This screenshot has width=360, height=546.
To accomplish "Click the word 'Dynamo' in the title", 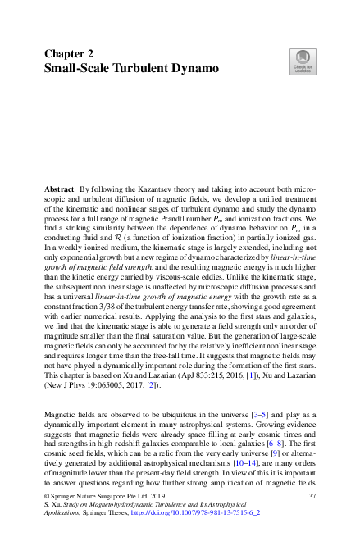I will pos(192,67).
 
